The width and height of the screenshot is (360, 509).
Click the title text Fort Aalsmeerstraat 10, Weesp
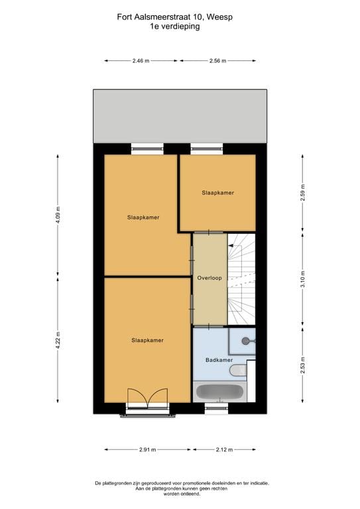coord(180,17)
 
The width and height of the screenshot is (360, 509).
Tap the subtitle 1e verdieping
coord(180,27)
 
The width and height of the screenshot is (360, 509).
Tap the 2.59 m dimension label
coord(302,192)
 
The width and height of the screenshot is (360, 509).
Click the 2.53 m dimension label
coord(302,365)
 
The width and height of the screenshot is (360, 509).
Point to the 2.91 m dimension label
coord(148,450)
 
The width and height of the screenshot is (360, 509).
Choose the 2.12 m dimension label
coord(224,450)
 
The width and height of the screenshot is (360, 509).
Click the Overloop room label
coord(209,279)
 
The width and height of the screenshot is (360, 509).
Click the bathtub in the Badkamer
coord(219,392)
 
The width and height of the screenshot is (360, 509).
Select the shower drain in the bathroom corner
coord(246,341)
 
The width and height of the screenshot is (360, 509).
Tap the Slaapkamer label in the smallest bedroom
coord(218,193)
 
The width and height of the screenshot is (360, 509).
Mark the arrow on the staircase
coord(232,246)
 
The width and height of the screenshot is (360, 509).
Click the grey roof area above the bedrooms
coord(180,115)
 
